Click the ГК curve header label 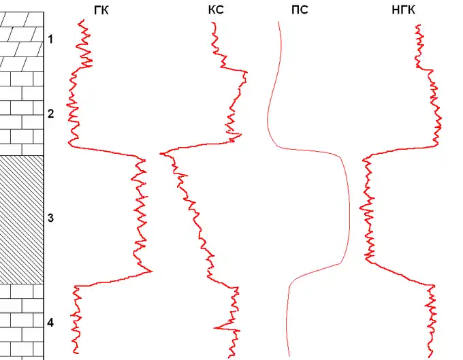pyautogui.click(x=100, y=10)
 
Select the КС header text pyautogui.click(x=216, y=10)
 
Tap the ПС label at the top pyautogui.click(x=299, y=10)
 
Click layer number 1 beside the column pyautogui.click(x=50, y=40)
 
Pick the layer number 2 pyautogui.click(x=50, y=114)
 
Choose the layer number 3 pyautogui.click(x=50, y=218)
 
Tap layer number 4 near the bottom pyautogui.click(x=50, y=322)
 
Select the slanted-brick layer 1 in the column pyautogui.click(x=22, y=41)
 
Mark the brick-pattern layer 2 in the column pyautogui.click(x=22, y=112)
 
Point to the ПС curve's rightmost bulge pyautogui.click(x=350, y=211)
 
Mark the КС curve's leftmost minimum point pyautogui.click(x=161, y=154)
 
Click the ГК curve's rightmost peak pyautogui.click(x=151, y=272)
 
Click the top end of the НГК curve pyautogui.click(x=417, y=25)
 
